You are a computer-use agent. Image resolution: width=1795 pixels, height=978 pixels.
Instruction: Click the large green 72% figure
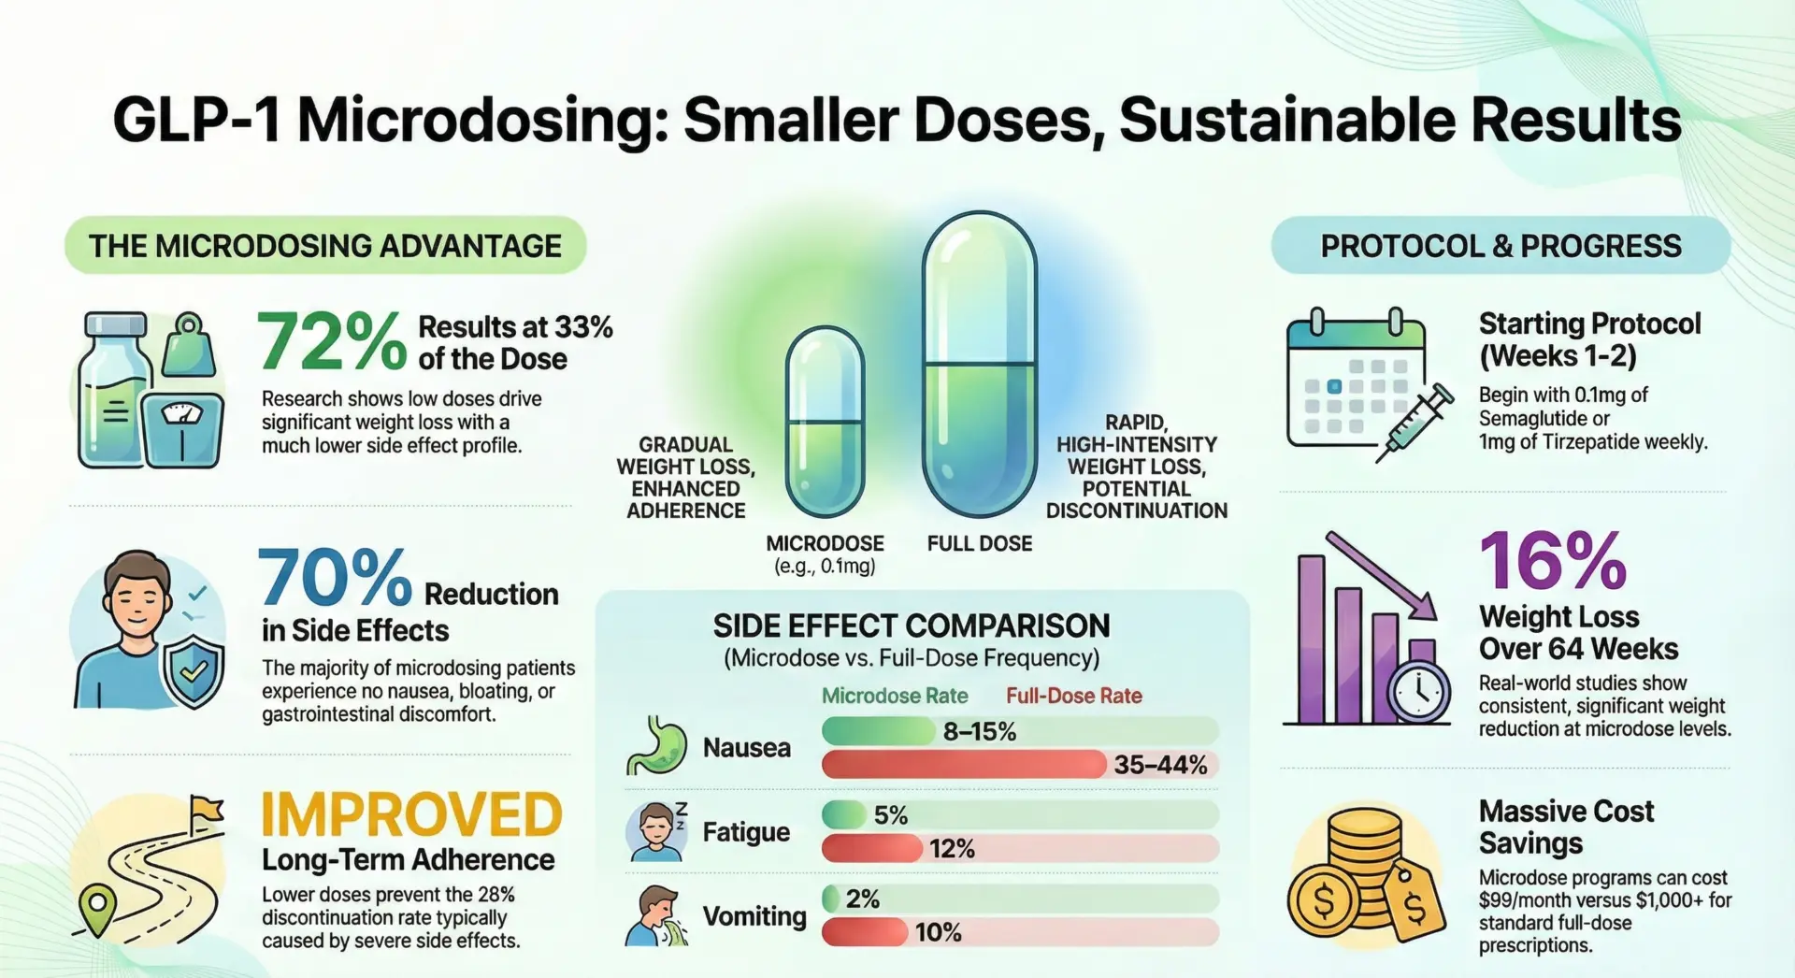click(332, 342)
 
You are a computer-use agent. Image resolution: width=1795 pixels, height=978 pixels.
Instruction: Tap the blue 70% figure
click(334, 578)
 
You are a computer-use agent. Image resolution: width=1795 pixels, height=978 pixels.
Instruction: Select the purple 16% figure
click(1553, 561)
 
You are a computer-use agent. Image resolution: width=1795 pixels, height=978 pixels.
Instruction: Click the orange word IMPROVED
click(411, 814)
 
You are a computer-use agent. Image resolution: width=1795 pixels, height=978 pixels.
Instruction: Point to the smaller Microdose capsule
click(825, 421)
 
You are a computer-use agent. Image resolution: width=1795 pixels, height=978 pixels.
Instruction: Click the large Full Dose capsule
click(980, 365)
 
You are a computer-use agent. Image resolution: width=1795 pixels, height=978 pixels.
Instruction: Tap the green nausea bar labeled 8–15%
click(879, 731)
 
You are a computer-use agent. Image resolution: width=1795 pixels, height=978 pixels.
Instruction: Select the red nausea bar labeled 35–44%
click(963, 765)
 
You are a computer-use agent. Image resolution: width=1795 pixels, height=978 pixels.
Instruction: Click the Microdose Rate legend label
click(895, 696)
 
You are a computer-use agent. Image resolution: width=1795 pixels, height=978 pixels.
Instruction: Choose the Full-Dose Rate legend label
click(1074, 696)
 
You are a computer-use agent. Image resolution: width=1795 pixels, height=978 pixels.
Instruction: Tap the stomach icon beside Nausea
click(655, 745)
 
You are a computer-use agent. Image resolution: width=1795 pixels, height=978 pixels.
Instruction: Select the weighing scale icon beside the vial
click(182, 425)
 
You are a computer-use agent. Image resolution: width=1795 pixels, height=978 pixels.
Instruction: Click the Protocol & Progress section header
click(1501, 246)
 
